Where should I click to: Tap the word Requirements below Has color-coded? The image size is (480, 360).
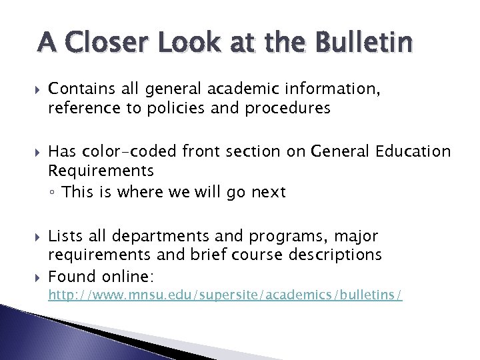101,172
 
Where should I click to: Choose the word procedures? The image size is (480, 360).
291,108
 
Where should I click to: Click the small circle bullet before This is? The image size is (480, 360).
53,193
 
